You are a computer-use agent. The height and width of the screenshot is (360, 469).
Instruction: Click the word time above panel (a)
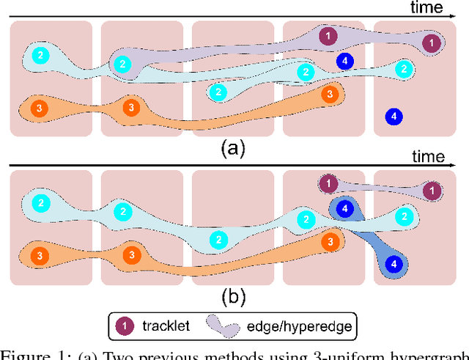coord(427,8)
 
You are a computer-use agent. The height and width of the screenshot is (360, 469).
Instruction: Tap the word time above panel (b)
coord(428,156)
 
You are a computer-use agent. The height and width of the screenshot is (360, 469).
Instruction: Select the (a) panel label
coord(233,149)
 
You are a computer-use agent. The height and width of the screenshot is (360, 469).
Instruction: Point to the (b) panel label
coord(233,297)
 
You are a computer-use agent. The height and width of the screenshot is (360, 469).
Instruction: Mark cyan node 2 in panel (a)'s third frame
coord(218,92)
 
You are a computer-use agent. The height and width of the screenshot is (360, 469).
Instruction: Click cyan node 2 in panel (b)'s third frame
coord(218,239)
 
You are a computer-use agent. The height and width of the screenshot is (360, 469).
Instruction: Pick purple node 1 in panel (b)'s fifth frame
coord(432,191)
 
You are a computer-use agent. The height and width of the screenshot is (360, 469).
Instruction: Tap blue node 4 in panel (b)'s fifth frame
coord(394,263)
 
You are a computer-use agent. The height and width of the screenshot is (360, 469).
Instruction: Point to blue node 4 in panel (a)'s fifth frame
coord(394,116)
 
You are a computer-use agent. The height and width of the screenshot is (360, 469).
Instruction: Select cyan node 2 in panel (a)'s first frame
coord(41,55)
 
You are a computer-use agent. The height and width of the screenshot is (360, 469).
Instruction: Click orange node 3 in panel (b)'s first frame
coord(40,255)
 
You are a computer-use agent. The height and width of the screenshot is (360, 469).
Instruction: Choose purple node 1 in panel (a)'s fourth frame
coord(329,35)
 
